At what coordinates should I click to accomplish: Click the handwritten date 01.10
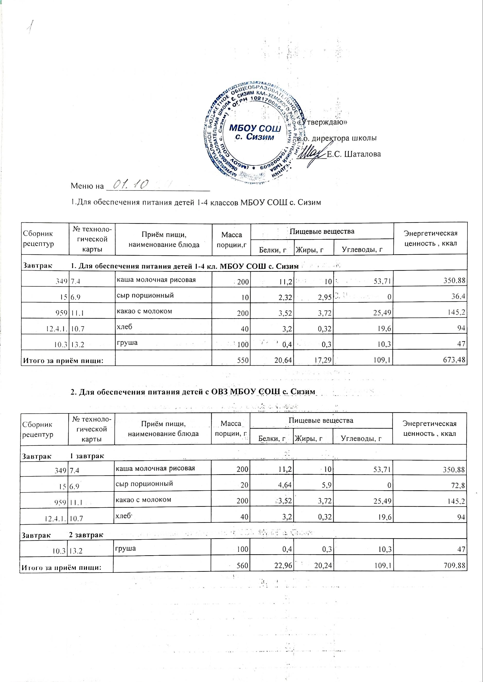131,185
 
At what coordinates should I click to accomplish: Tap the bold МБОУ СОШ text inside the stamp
255,129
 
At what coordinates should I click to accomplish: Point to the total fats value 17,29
323,361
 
